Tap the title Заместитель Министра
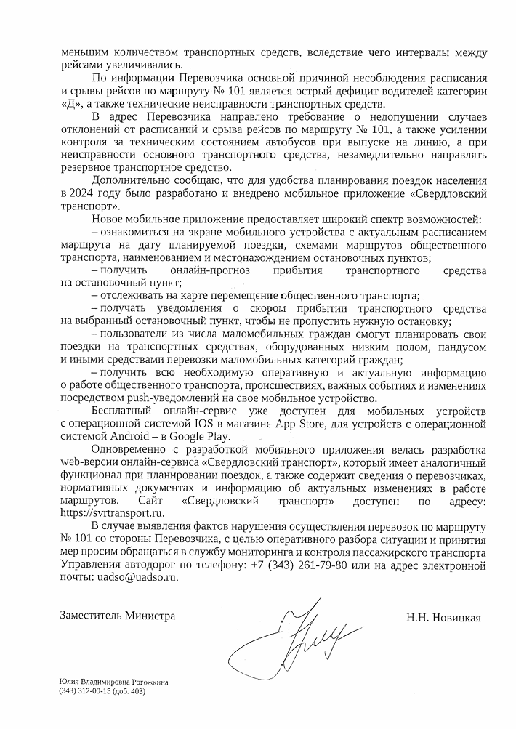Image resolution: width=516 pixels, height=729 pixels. (x=118, y=615)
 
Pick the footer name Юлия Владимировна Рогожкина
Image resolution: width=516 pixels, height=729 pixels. (x=115, y=682)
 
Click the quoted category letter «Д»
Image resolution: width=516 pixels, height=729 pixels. (x=71, y=103)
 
